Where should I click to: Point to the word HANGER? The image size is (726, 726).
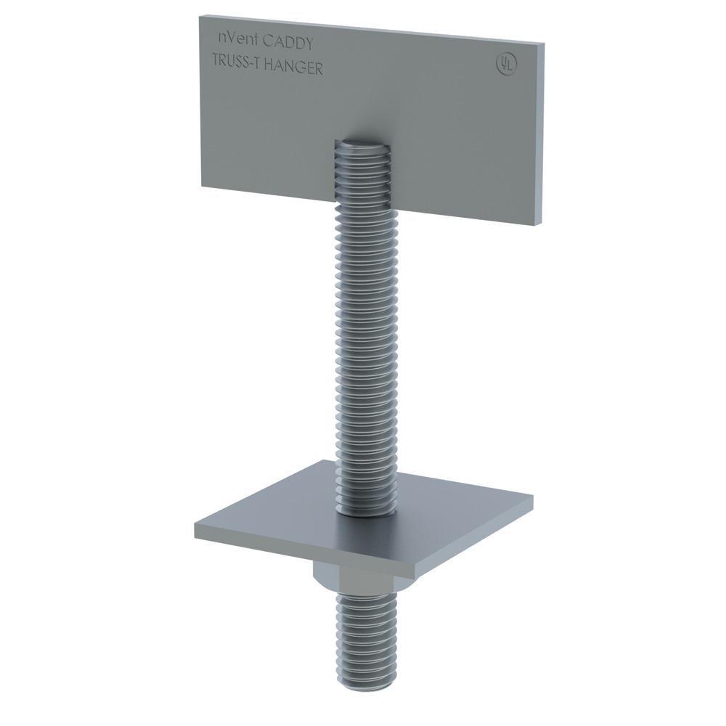293,67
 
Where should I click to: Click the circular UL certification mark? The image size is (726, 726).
503,63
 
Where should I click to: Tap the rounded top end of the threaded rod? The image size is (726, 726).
362,145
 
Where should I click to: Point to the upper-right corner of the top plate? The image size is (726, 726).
543,44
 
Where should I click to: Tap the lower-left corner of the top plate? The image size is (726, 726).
203,186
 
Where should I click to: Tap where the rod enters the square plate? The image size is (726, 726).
367,512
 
